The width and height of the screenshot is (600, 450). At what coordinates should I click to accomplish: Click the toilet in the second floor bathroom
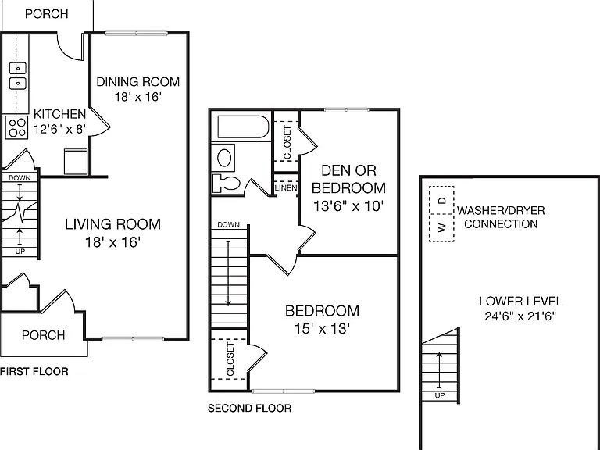(226, 183)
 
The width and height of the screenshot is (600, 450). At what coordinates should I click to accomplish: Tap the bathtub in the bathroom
(244, 127)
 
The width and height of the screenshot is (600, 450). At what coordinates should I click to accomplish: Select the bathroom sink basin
(224, 158)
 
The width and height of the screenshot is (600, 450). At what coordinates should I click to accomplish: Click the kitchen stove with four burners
(16, 128)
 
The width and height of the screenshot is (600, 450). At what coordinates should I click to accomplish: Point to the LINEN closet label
(286, 187)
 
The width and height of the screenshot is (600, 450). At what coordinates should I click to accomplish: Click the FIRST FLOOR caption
(34, 372)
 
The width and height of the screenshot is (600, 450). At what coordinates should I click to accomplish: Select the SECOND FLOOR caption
(249, 409)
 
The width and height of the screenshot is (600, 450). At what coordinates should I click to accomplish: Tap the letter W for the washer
(442, 228)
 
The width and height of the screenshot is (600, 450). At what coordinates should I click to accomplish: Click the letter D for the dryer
(442, 200)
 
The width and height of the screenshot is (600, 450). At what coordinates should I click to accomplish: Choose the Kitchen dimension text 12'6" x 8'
(59, 129)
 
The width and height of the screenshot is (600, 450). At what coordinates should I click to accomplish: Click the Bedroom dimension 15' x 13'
(322, 329)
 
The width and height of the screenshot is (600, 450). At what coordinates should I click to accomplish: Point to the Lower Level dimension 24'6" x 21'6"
(520, 316)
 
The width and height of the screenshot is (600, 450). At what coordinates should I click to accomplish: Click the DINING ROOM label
(137, 82)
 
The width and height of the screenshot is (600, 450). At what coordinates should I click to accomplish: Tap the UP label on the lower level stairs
(440, 395)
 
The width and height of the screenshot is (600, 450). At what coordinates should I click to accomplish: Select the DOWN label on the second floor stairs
(228, 225)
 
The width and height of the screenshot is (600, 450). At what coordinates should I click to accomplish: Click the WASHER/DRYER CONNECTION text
(501, 217)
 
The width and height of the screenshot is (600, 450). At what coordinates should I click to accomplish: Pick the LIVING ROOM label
(112, 224)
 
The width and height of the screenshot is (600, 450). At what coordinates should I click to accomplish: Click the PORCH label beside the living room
(43, 335)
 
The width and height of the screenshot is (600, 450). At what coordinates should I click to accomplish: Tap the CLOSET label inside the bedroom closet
(230, 359)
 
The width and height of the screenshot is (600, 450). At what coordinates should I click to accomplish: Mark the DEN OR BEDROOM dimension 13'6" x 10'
(348, 206)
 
